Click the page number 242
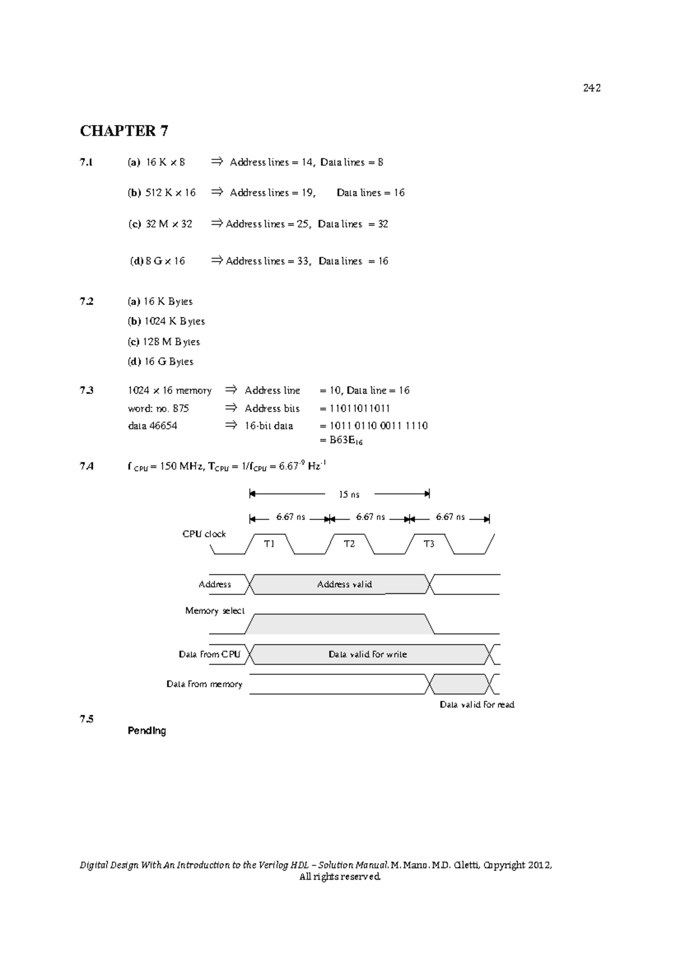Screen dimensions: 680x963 (x=592, y=88)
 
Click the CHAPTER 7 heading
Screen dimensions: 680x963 (x=124, y=131)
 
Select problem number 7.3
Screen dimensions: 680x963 (x=87, y=390)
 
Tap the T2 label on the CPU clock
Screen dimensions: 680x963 (x=349, y=544)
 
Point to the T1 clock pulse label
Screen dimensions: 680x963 (x=269, y=544)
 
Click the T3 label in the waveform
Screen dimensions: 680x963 (x=429, y=544)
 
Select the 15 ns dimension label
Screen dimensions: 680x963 (x=349, y=495)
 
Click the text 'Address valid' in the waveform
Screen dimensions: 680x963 (x=345, y=584)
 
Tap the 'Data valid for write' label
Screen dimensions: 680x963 (x=368, y=654)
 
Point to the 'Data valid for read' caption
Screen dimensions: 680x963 (x=477, y=704)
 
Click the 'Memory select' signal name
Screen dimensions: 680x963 (x=215, y=611)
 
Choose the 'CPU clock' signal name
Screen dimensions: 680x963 (x=204, y=534)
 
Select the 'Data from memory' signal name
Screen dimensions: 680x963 (x=204, y=685)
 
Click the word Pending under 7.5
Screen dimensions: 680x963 (x=147, y=731)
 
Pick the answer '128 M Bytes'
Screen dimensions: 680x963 (x=171, y=342)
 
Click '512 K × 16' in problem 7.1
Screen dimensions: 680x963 (x=170, y=193)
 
